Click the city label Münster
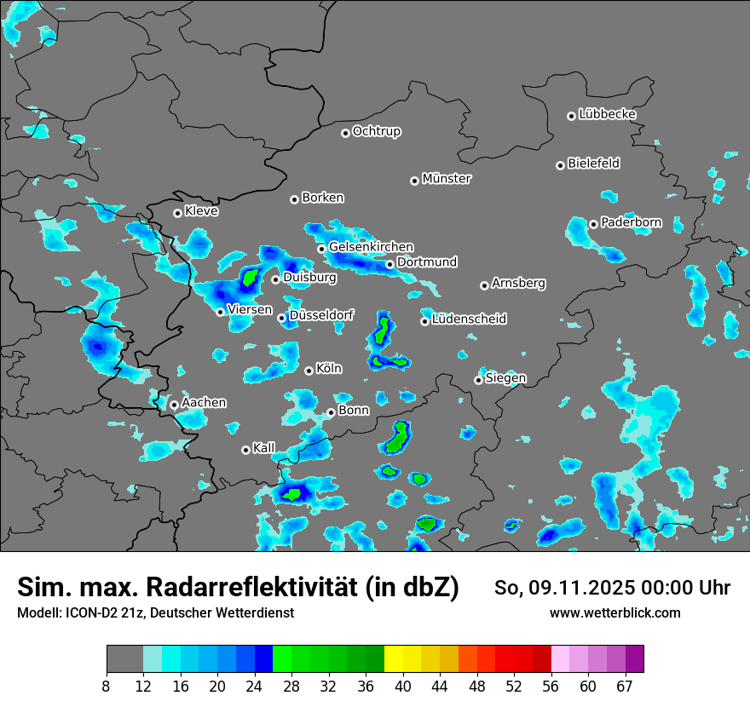[x=447, y=179]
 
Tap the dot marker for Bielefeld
[x=561, y=165]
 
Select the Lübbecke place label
[x=607, y=114]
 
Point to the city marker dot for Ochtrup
[x=345, y=133]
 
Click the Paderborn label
[x=631, y=223]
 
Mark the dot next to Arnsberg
[x=484, y=285]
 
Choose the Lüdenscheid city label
[x=469, y=319]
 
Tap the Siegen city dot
[x=478, y=380]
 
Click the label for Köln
[x=329, y=369]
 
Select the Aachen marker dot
[x=174, y=405]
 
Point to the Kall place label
[x=264, y=448]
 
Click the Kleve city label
[x=201, y=211]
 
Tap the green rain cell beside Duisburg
[x=250, y=277]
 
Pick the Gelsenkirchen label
[x=371, y=247]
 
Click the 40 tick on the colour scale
[x=403, y=686]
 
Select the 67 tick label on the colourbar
[x=625, y=686]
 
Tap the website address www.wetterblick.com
[x=614, y=612]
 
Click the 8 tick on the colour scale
[x=107, y=686]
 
